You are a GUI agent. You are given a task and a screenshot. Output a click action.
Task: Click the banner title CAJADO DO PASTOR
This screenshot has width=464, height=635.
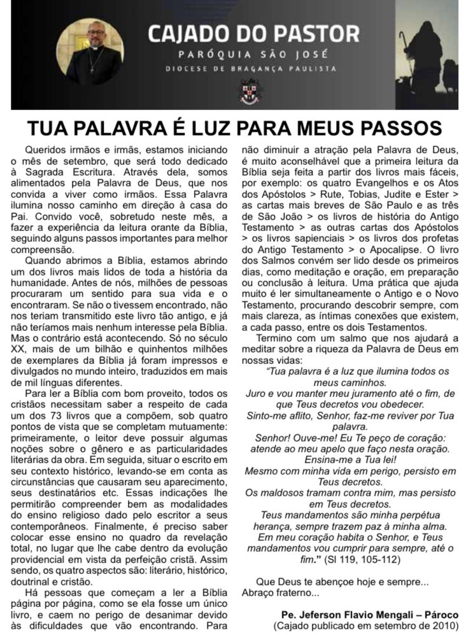pyautogui.click(x=253, y=32)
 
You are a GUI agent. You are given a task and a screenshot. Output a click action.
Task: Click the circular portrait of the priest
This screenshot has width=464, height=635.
pyautogui.click(x=90, y=52)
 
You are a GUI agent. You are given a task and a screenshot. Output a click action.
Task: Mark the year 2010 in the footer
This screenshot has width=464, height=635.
pyautogui.click(x=442, y=625)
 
